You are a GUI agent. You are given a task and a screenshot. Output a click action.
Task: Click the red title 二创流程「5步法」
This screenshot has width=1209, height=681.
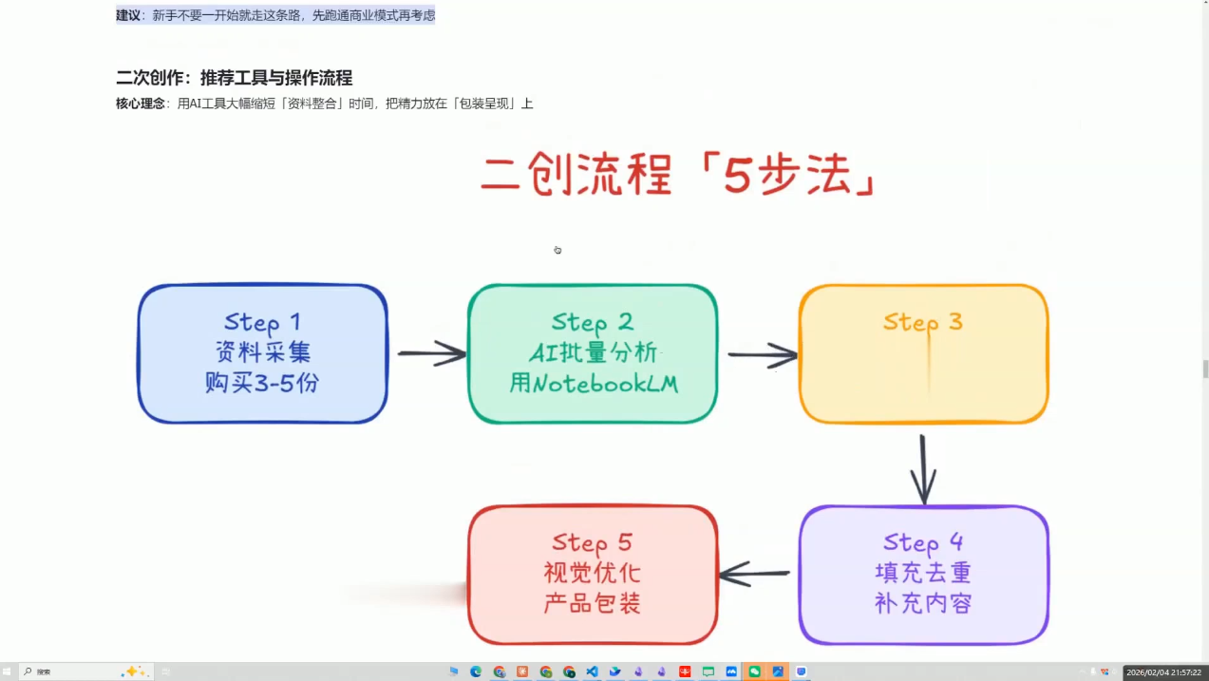point(676,175)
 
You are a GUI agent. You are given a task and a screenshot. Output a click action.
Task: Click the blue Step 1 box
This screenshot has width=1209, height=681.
point(262,353)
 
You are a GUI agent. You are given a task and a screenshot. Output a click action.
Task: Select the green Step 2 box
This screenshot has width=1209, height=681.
point(593,353)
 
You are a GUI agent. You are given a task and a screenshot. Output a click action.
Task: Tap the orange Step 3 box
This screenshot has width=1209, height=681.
point(923,353)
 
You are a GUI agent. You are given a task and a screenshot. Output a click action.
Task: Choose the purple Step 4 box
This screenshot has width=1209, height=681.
point(923,574)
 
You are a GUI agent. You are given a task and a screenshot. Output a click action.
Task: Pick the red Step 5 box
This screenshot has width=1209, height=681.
point(593,574)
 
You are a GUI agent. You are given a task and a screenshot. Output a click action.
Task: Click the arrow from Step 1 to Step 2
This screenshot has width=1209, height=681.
point(431,353)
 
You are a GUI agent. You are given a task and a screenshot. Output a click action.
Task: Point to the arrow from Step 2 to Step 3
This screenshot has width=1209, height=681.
point(762,355)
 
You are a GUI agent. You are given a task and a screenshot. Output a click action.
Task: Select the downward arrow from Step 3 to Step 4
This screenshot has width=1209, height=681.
point(923,469)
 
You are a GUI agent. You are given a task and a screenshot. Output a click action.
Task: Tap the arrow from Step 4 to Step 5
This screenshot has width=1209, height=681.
point(756,574)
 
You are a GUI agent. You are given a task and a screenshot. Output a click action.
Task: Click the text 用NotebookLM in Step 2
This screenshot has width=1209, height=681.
point(593,384)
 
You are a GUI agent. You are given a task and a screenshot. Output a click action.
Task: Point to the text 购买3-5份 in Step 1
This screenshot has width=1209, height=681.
point(262,384)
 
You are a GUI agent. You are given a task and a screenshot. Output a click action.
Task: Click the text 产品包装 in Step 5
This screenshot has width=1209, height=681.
point(593,603)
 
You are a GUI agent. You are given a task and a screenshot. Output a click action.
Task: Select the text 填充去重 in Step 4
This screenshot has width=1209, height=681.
point(923,574)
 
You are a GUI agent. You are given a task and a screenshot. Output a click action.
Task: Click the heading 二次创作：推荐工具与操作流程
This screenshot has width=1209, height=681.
point(234,78)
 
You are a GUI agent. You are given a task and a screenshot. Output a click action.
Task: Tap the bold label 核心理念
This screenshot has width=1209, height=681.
point(141,104)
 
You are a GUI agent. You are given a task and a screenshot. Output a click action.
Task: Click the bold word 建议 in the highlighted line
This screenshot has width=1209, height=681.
point(128,15)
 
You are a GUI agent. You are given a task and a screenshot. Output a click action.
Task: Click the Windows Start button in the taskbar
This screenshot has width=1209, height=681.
point(8,672)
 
